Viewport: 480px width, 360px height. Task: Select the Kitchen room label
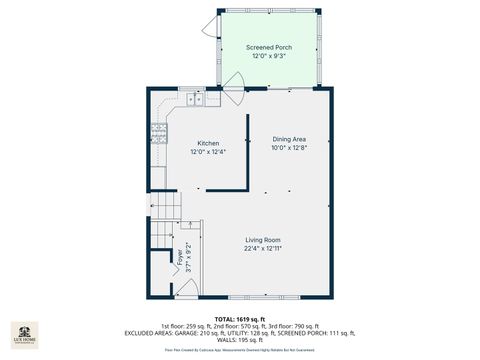coord(208,143)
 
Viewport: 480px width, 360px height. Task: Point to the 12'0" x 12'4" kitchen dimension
coord(208,152)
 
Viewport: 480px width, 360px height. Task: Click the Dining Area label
coord(290,139)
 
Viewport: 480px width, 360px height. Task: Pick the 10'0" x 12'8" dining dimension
coord(290,148)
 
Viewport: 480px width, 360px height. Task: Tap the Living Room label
coord(263,240)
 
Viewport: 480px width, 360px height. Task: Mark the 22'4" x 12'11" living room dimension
coord(263,249)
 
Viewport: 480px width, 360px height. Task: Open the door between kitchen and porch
coord(231,97)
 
